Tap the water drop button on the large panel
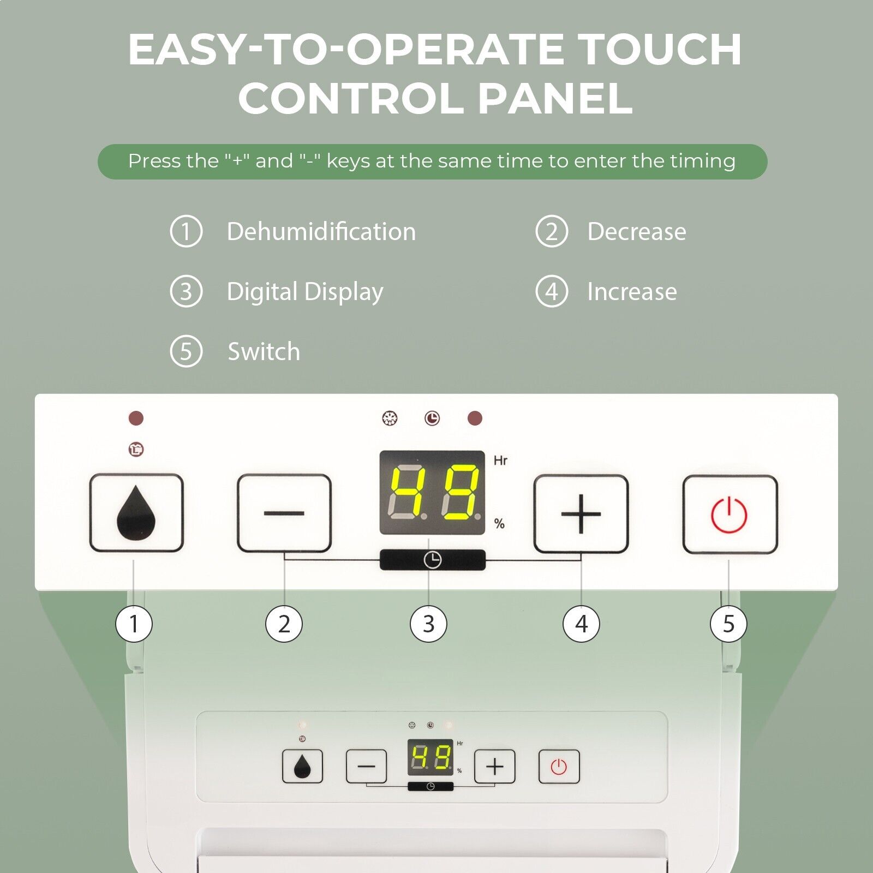[x=136, y=513]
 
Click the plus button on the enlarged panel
[x=581, y=514]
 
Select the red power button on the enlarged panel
[x=730, y=515]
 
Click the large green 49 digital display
[x=432, y=492]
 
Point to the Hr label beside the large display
[x=500, y=461]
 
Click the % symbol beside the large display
[x=499, y=524]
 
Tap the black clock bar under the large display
[x=432, y=560]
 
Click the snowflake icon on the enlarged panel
[x=390, y=418]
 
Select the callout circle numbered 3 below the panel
[x=428, y=624]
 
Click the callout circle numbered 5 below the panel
[x=728, y=624]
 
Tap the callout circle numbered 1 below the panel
[x=134, y=624]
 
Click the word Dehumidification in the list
[x=321, y=231]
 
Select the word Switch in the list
[x=264, y=351]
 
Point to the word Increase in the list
[x=632, y=291]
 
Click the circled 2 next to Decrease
[x=552, y=231]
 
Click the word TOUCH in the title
[x=659, y=49]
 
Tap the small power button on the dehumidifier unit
[x=559, y=767]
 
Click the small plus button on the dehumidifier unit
[x=495, y=767]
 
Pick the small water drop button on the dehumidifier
[x=302, y=767]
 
